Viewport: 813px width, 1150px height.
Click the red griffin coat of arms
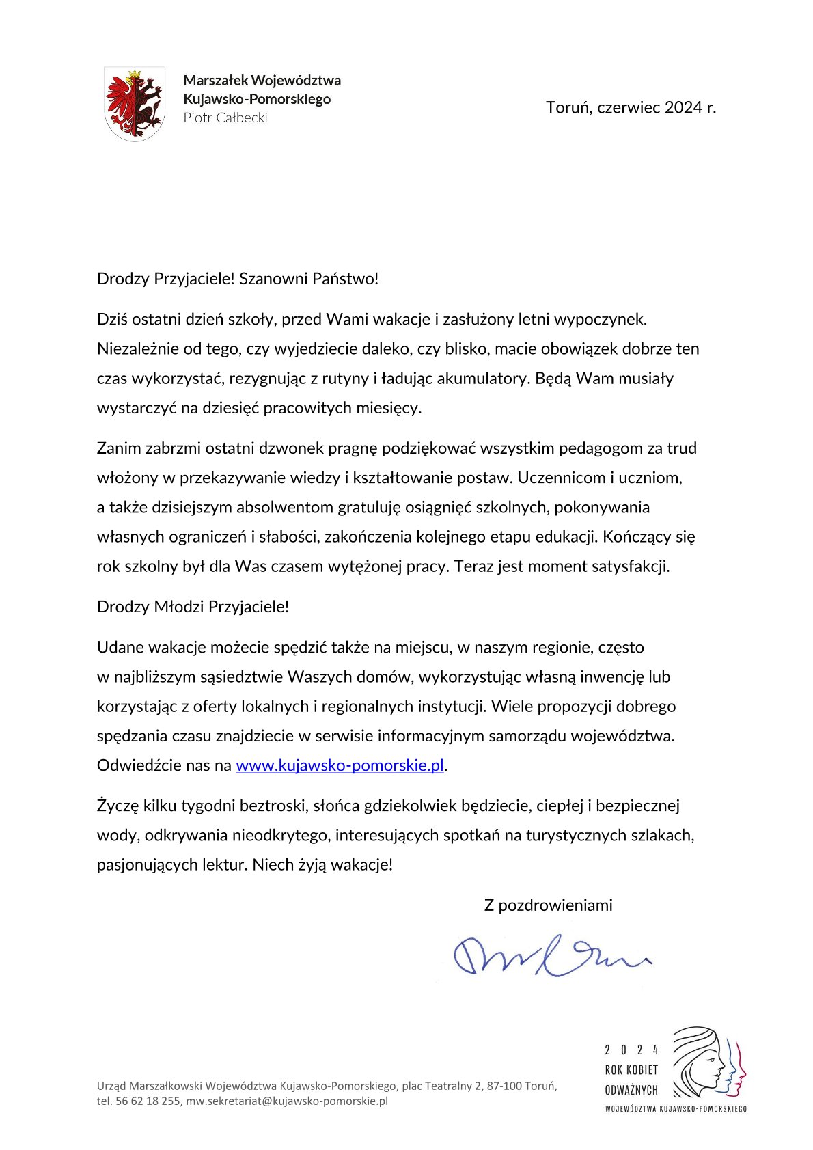point(135,103)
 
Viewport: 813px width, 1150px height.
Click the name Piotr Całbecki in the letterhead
point(225,118)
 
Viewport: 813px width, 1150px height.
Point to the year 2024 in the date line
point(683,107)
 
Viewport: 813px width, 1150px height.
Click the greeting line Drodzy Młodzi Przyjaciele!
point(193,607)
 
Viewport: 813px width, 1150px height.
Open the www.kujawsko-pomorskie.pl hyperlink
point(340,765)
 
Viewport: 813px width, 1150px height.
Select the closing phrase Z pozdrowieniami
point(548,905)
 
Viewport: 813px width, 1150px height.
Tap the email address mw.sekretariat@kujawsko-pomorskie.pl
point(287,1101)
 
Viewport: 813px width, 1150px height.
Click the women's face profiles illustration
point(708,1061)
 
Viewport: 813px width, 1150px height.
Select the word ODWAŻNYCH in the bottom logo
point(631,1090)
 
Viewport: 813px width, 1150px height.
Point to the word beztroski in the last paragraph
point(272,806)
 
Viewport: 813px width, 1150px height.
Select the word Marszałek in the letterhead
point(215,81)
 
